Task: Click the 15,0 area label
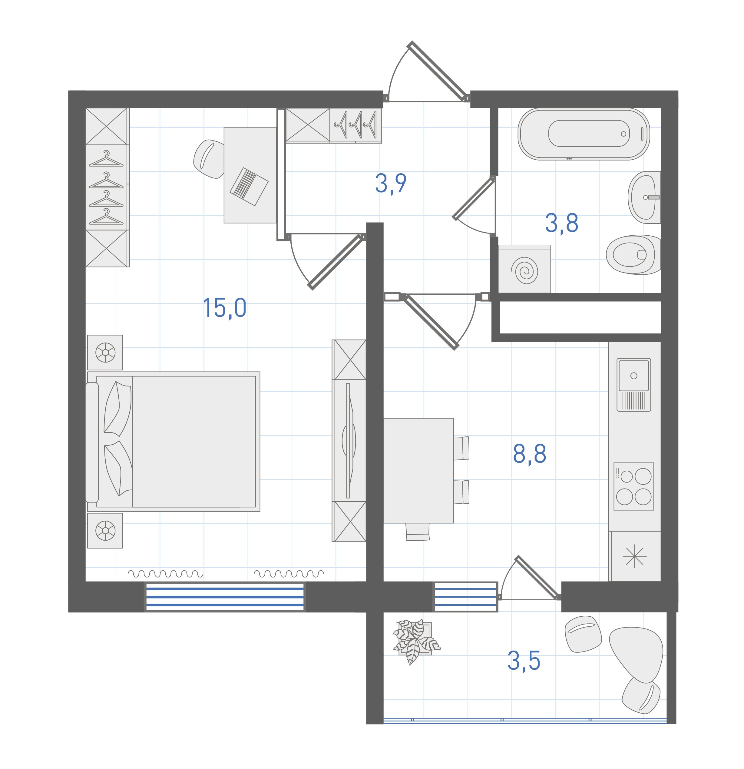coord(224,308)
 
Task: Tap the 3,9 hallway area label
coord(391,183)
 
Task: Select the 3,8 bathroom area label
coord(562,223)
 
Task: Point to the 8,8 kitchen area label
coord(530,454)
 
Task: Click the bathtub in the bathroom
coord(584,134)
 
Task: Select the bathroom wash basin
coord(644,197)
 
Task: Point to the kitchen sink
coord(634,385)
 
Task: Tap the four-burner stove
coord(634,486)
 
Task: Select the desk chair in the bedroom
coord(209,158)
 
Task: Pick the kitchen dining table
coord(418,470)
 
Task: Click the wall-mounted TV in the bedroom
coord(348,441)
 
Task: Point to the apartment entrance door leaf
coord(438,71)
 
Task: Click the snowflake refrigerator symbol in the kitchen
coord(634,557)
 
